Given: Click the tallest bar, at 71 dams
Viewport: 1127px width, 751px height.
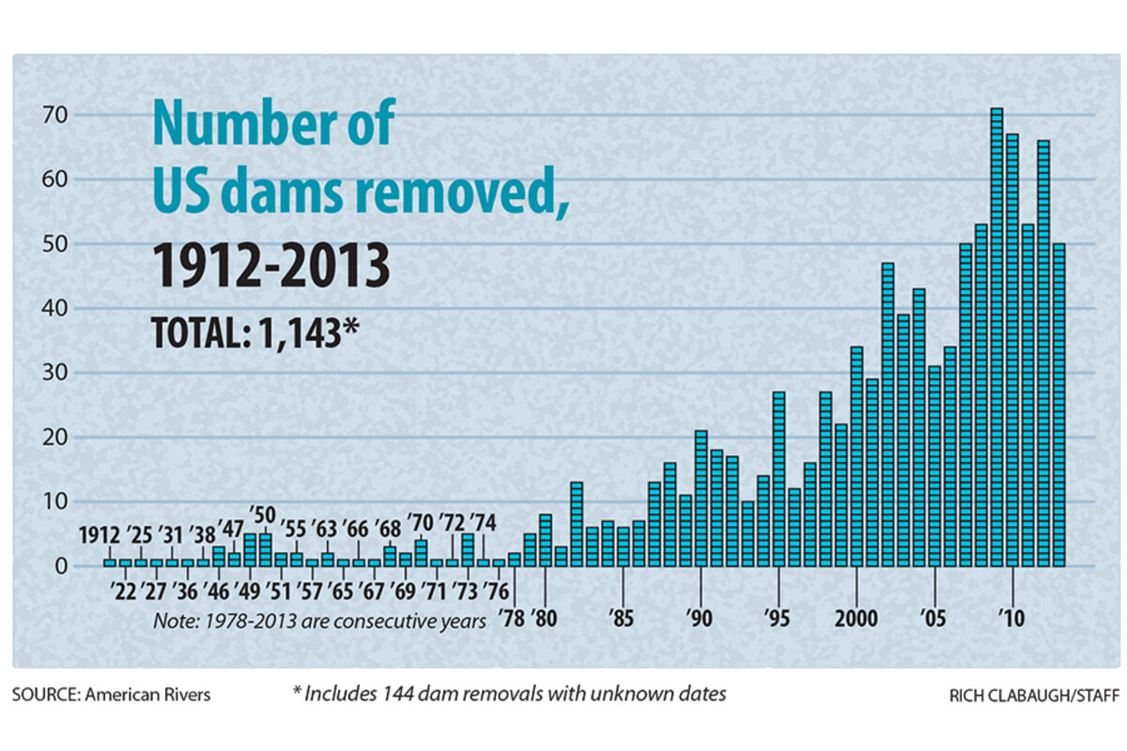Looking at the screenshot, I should [996, 338].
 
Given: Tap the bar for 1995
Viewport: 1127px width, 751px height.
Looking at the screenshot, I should [779, 479].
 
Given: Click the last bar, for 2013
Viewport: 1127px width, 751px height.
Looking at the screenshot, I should [1059, 405].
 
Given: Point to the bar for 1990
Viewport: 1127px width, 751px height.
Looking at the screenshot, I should [701, 498].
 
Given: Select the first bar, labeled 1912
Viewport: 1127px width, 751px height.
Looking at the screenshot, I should [110, 562].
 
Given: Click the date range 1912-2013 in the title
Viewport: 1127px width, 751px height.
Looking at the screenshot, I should [272, 266].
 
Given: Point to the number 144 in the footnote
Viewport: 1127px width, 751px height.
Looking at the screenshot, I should [392, 695].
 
